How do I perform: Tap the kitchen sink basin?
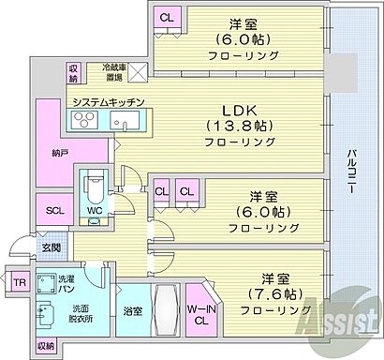pos(122,122)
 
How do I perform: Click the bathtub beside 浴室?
pos(166,310)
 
